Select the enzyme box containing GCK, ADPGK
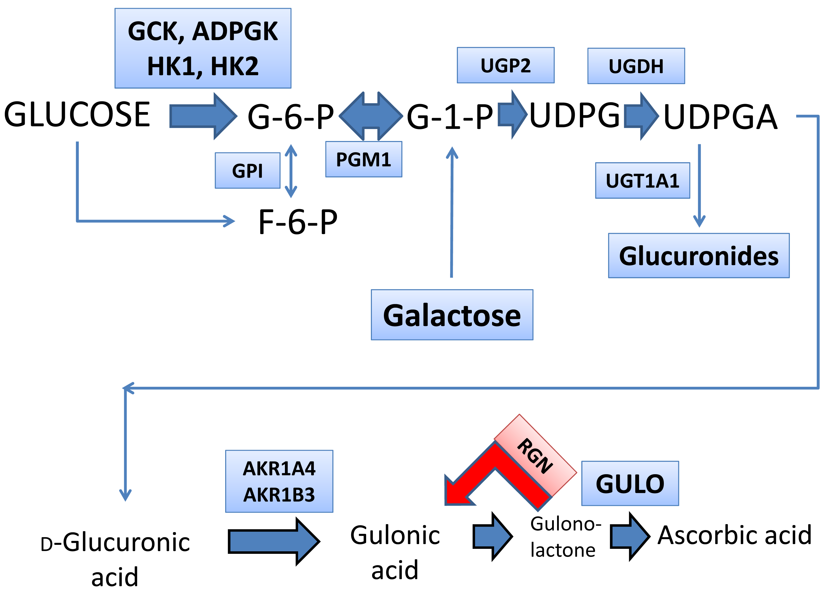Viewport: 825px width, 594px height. (203, 48)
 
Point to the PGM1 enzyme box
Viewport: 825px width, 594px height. (363, 159)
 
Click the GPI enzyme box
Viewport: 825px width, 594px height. (247, 170)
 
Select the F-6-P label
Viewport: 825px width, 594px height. (298, 222)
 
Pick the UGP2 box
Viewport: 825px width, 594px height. (505, 65)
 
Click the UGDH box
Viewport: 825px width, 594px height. (636, 66)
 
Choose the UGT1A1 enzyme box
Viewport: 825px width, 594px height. (642, 180)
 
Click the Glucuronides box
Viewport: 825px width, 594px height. (698, 256)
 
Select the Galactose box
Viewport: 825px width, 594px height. (452, 315)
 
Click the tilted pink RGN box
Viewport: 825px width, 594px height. (535, 455)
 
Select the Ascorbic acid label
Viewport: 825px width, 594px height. (735, 535)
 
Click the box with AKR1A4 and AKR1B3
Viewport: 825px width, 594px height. (279, 481)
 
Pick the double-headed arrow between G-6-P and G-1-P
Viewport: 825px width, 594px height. (371, 116)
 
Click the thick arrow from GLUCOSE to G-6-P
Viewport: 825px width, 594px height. (203, 116)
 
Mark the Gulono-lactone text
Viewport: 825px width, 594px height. (565, 537)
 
